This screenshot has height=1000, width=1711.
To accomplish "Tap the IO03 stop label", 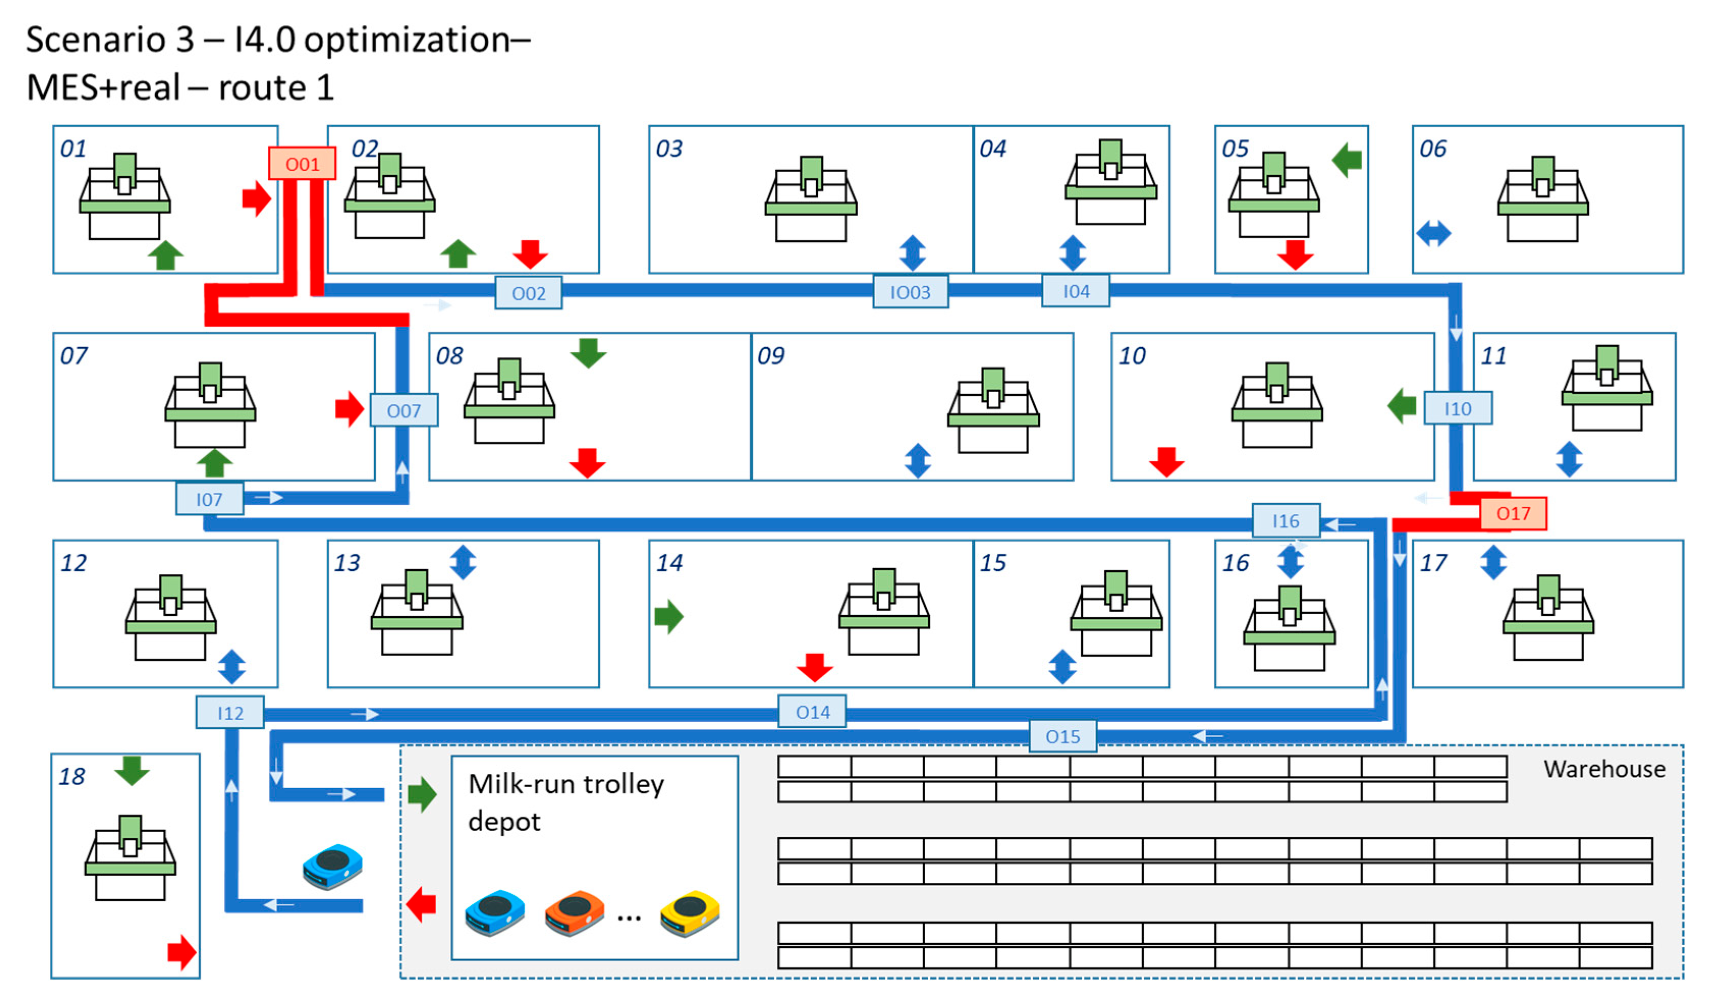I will tap(909, 292).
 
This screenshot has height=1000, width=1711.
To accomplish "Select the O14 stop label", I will tap(811, 711).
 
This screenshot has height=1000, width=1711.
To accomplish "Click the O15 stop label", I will tap(1062, 736).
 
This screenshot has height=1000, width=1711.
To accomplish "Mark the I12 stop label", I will tap(230, 712).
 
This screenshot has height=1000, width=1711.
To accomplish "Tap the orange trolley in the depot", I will tap(574, 912).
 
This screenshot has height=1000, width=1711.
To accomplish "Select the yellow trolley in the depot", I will tap(689, 912).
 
